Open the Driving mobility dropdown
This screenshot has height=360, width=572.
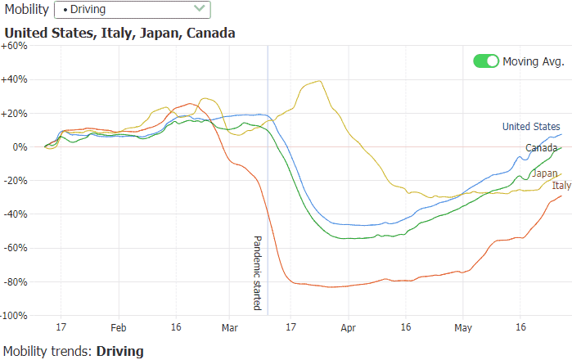pyautogui.click(x=131, y=10)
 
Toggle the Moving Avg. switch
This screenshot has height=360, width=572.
pyautogui.click(x=486, y=61)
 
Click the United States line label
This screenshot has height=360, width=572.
pyautogui.click(x=531, y=126)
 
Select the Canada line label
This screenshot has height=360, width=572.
pyautogui.click(x=541, y=147)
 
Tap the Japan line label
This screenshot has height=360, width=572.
pyautogui.click(x=545, y=173)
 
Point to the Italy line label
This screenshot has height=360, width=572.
pyautogui.click(x=561, y=186)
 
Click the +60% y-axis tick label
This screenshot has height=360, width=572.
pyautogui.click(x=15, y=46)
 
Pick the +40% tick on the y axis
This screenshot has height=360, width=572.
pyautogui.click(x=15, y=79)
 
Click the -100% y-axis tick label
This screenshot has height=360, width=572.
pyautogui.click(x=14, y=315)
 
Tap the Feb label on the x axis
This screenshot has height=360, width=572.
pyautogui.click(x=119, y=327)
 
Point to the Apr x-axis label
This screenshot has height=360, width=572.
pyautogui.click(x=349, y=327)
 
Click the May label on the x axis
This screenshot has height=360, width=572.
pyautogui.click(x=463, y=327)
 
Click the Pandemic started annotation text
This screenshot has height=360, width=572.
pyautogui.click(x=257, y=273)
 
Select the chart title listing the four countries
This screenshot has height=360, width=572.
pyautogui.click(x=119, y=34)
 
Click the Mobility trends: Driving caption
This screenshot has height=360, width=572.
pyautogui.click(x=73, y=351)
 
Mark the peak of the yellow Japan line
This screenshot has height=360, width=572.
pyautogui.click(x=318, y=80)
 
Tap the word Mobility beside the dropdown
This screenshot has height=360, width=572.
pyautogui.click(x=25, y=10)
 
